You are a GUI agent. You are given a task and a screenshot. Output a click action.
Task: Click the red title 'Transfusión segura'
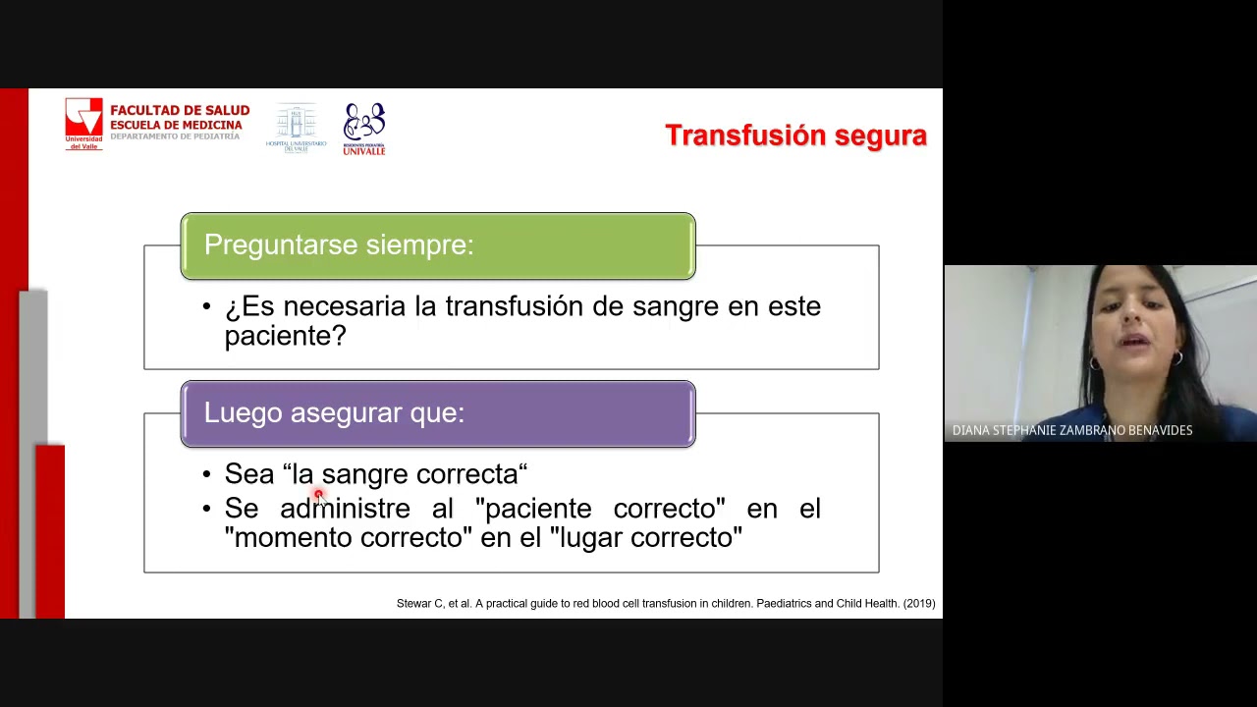click(x=795, y=136)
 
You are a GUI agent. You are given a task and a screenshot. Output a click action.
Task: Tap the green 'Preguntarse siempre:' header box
click(x=438, y=245)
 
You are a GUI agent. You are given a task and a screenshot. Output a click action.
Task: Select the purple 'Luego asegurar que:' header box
click(x=438, y=413)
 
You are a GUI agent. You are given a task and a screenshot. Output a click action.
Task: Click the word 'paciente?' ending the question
click(x=285, y=336)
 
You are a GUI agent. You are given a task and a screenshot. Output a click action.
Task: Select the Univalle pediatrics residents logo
click(x=364, y=129)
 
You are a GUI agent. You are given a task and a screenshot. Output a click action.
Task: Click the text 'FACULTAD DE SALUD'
click(x=180, y=111)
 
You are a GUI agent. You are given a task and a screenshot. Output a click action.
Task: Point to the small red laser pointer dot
click(x=318, y=495)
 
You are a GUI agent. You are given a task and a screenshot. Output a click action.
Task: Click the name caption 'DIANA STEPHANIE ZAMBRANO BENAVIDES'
click(x=1072, y=430)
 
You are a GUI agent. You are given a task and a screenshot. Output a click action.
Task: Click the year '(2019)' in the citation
click(x=919, y=604)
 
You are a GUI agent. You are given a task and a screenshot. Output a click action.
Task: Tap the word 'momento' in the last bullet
click(x=293, y=538)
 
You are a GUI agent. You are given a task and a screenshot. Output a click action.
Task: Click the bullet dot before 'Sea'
click(x=206, y=475)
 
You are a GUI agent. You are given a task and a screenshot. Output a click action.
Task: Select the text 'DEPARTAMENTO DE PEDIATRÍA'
click(x=175, y=136)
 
